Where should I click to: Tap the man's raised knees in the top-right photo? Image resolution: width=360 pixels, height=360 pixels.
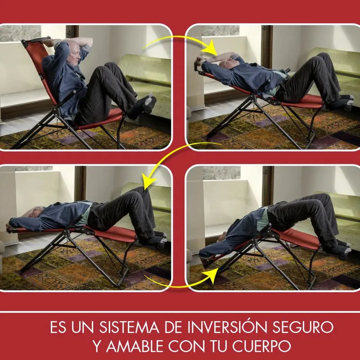tap(324, 61)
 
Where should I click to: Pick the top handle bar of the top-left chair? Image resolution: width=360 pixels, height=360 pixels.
tap(36, 41)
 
